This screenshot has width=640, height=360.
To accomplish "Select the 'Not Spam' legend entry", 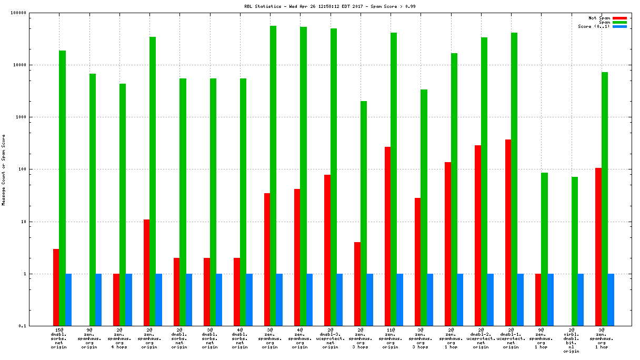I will [599, 18].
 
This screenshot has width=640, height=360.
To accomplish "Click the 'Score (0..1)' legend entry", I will [594, 26].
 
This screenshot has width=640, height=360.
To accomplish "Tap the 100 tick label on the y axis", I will [36, 169].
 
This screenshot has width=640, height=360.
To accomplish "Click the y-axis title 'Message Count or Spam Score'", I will [4, 169].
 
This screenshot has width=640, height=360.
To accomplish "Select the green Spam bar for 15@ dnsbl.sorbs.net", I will [62, 188].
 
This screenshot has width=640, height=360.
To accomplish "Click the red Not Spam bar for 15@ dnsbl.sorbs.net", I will [56, 287].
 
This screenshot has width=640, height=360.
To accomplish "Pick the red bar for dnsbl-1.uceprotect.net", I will [508, 233].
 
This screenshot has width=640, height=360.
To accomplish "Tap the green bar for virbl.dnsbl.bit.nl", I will [574, 251].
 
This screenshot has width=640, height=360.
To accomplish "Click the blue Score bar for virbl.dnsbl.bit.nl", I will [581, 299].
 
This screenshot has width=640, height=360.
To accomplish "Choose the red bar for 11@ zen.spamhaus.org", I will [387, 236].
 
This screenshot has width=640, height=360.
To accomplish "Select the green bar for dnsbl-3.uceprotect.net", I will [333, 177].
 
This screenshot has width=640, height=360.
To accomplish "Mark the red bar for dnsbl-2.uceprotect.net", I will [478, 235].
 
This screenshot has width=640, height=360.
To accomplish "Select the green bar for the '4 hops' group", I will [123, 205].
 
